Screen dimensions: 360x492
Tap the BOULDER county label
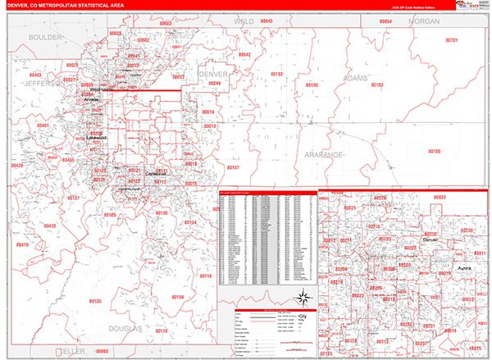tap(44, 38)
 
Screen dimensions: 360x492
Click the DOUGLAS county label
tap(123, 329)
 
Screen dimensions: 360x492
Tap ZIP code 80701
tap(451, 40)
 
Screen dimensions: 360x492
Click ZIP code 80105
tap(433, 151)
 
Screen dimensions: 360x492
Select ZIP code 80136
tap(311, 84)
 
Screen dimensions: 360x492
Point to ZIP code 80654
tap(385, 21)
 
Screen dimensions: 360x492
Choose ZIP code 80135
tap(93, 301)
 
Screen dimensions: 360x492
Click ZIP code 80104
tap(177, 296)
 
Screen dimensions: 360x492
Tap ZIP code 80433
tap(49, 226)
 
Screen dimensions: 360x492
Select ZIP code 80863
tap(102, 350)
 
